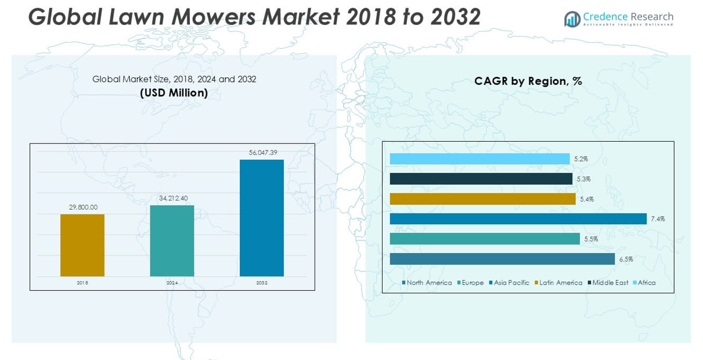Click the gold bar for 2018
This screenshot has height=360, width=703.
(x=82, y=245)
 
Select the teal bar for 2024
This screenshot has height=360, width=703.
(x=172, y=240)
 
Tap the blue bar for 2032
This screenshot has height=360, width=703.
(x=262, y=218)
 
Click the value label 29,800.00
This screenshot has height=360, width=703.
(x=83, y=207)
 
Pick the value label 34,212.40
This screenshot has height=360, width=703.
(x=173, y=198)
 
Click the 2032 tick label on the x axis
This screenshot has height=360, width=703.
(x=262, y=283)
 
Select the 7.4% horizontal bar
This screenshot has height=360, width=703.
(x=518, y=219)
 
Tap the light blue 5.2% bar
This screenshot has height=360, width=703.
(x=480, y=159)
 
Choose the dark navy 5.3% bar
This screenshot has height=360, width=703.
(x=481, y=179)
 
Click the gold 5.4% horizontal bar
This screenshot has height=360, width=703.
(x=482, y=199)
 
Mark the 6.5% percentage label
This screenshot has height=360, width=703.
(x=626, y=260)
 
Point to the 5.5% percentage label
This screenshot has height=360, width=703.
(x=591, y=239)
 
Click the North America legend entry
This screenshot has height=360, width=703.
(x=427, y=283)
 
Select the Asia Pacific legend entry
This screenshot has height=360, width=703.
(x=509, y=283)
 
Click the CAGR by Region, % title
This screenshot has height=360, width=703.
(x=528, y=81)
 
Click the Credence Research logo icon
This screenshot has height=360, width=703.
(x=572, y=19)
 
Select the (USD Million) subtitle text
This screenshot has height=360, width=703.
(x=174, y=93)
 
